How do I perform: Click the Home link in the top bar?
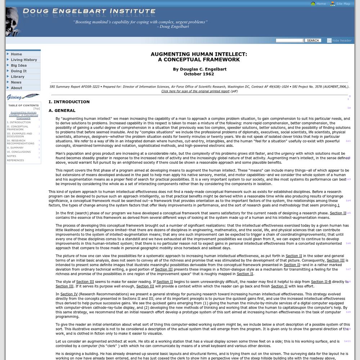[321, 4]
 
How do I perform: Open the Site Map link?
[343, 4]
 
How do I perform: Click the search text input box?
[290, 41]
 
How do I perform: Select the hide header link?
[342, 41]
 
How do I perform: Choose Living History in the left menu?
[24, 60]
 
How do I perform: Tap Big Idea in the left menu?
[19, 66]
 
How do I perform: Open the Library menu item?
[18, 77]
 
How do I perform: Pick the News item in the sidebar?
[16, 82]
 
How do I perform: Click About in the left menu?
[17, 88]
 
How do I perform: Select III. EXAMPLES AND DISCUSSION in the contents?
[19, 135]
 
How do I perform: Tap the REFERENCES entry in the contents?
[15, 160]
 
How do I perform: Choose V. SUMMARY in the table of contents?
[15, 148]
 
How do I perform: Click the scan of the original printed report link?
[195, 91]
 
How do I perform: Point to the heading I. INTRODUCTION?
[69, 102]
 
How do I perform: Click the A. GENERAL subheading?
[62, 111]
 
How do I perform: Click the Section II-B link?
[321, 282]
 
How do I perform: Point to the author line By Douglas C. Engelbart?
[199, 69]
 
